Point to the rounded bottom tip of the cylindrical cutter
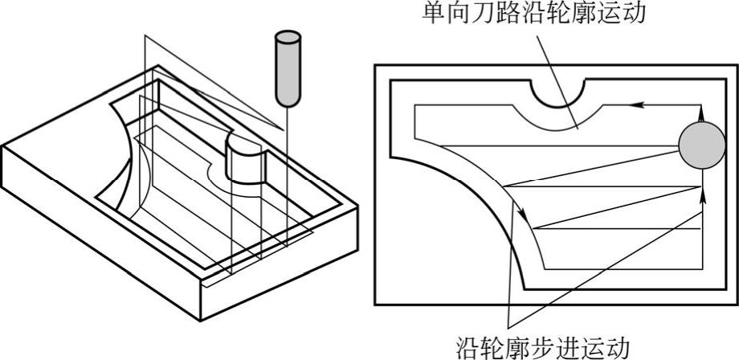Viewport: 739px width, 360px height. coord(287,103)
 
